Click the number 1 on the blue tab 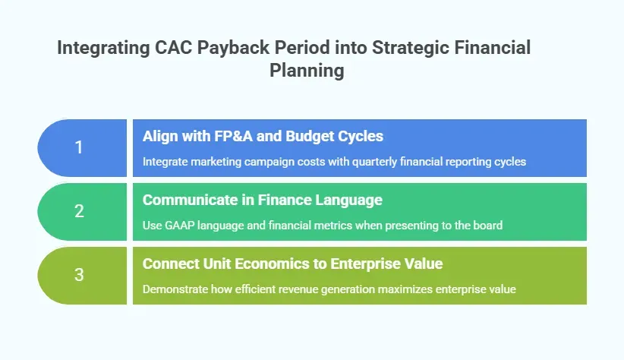pos(79,147)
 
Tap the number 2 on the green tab pos(79,211)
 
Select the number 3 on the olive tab pos(79,275)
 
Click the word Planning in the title pos(307,71)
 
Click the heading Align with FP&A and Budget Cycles pos(263,137)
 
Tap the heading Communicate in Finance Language pos(262,201)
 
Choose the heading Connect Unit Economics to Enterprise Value pos(293,264)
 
